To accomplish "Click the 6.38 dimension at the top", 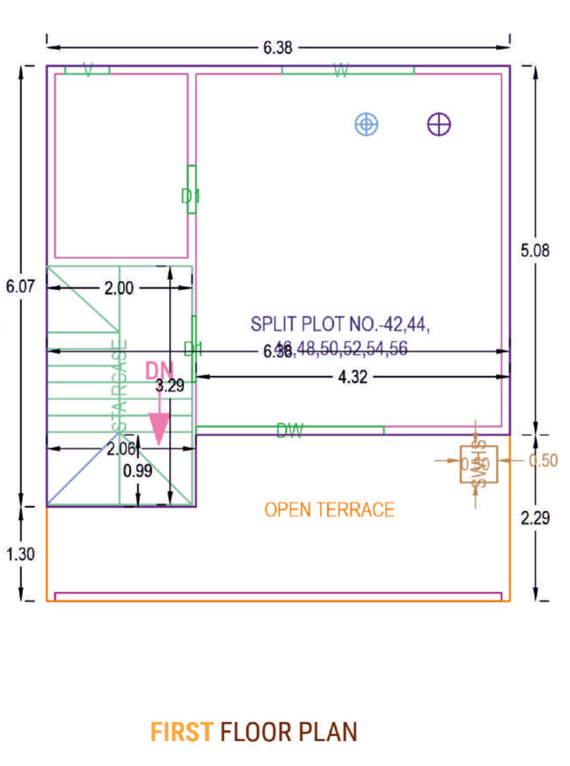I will (278, 47).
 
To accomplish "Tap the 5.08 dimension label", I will (535, 250).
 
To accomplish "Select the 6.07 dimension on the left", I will (20, 286).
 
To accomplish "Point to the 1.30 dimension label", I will (20, 554).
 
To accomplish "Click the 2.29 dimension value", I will (535, 518).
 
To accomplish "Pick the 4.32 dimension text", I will (353, 377).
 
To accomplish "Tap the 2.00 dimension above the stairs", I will (119, 288).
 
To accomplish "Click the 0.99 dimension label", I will (138, 471).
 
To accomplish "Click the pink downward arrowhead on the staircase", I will (159, 427).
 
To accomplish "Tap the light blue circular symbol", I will (367, 124).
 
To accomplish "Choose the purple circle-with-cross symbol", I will (439, 125).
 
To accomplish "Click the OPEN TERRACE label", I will (329, 510).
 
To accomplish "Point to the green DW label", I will (290, 431).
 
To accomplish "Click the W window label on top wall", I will (341, 70).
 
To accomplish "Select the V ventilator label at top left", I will (88, 69).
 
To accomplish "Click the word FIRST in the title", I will (182, 732).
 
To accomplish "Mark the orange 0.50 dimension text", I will (543, 460).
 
